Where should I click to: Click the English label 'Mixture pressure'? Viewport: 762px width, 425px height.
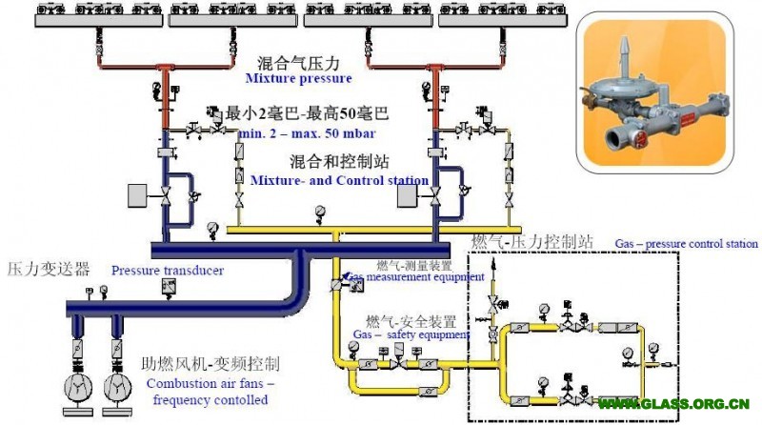coord(298,78)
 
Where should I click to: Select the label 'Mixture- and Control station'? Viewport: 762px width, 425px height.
coord(339,179)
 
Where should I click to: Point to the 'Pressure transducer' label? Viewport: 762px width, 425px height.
coord(167,271)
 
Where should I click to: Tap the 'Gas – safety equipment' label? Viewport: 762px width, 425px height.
coord(411,335)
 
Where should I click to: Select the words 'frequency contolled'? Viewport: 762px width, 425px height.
coord(207,400)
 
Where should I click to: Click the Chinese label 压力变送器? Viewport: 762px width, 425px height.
coord(50,268)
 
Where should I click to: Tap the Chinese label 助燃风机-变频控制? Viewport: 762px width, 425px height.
coord(214,364)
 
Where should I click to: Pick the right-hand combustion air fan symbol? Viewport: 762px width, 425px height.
coord(118,385)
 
